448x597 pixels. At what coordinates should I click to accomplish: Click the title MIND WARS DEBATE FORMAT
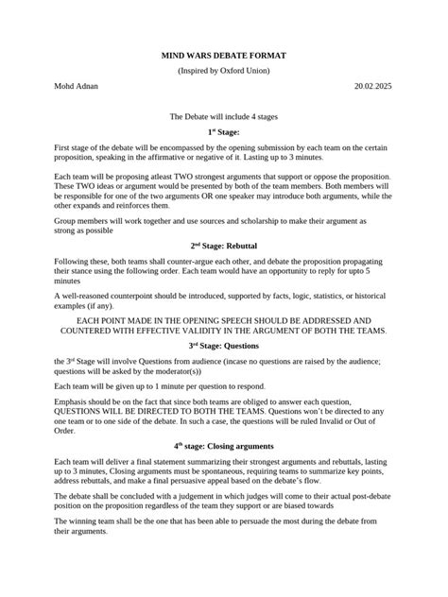pos(223,57)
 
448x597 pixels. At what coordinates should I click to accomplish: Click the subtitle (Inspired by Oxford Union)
pos(223,71)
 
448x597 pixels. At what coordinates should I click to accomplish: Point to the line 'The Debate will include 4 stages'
pos(223,116)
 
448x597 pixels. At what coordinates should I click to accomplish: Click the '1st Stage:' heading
pos(223,133)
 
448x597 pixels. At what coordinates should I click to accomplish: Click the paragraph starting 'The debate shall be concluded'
pos(217,506)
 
